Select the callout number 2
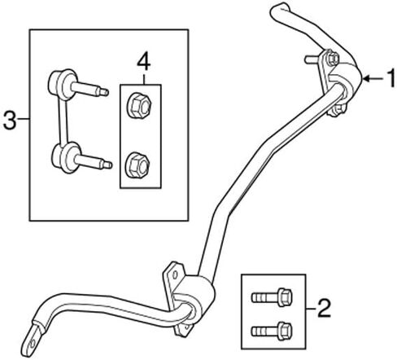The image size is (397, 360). click(x=324, y=308)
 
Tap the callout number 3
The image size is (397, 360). click(x=10, y=121)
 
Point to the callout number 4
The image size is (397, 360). click(x=143, y=62)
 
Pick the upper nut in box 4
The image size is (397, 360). click(x=139, y=105)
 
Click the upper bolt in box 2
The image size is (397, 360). click(x=272, y=297)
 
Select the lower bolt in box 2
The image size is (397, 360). click(x=272, y=331)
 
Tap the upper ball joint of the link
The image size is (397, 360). click(x=63, y=85)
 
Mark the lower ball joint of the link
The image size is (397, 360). click(x=67, y=157)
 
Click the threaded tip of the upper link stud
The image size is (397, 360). click(x=104, y=92)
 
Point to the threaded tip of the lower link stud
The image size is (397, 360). click(x=107, y=165)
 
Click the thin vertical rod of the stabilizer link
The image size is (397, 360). click(x=63, y=122)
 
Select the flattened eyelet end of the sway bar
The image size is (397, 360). click(x=32, y=338)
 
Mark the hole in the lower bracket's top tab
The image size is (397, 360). click(x=175, y=274)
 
